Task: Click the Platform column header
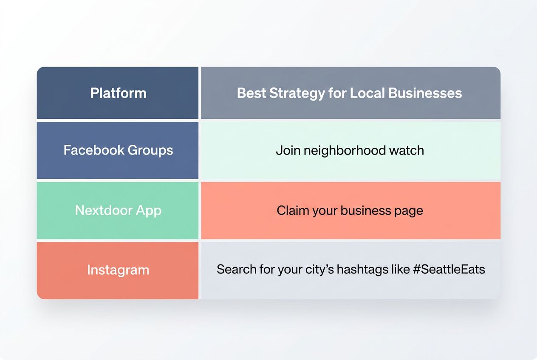click(118, 93)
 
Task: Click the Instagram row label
click(118, 270)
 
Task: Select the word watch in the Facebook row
click(408, 150)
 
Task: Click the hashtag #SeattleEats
click(449, 269)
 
